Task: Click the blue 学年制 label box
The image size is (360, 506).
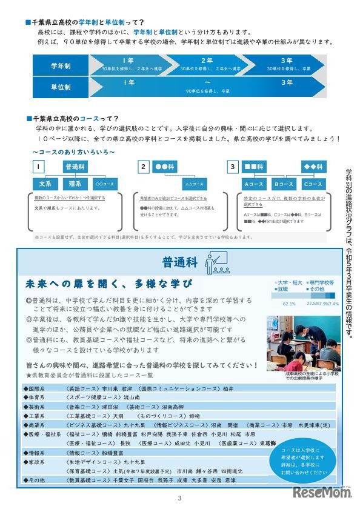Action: (61, 65)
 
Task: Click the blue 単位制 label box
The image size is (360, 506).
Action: (61, 87)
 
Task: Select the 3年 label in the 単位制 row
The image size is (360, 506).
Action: (286, 82)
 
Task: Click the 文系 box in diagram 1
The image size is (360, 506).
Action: (44, 184)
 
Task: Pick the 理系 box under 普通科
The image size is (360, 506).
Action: (76, 184)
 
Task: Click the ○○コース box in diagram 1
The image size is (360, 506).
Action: (105, 184)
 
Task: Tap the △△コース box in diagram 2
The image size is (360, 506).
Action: (193, 184)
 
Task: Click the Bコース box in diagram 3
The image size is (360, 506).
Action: (282, 184)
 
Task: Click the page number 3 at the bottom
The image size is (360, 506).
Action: (180, 499)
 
